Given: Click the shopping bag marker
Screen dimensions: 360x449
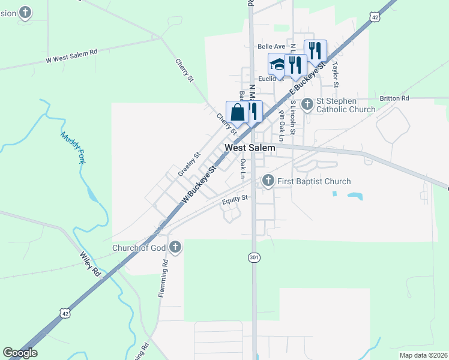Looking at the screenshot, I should point(238,112).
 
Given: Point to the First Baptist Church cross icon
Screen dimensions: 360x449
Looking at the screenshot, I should point(268,180).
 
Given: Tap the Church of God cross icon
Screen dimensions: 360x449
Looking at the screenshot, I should point(175,247).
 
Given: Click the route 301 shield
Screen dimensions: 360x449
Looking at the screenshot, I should point(253,257).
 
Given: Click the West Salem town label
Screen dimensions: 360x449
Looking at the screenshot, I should point(250,148).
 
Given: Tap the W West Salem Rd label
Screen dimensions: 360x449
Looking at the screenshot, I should point(71,56).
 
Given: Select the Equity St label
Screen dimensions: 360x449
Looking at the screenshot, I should point(235,199).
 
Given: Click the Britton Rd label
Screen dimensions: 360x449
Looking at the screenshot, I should point(394,98).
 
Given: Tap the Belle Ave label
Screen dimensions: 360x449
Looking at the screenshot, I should point(271,46).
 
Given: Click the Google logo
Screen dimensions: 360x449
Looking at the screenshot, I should point(20,353).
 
